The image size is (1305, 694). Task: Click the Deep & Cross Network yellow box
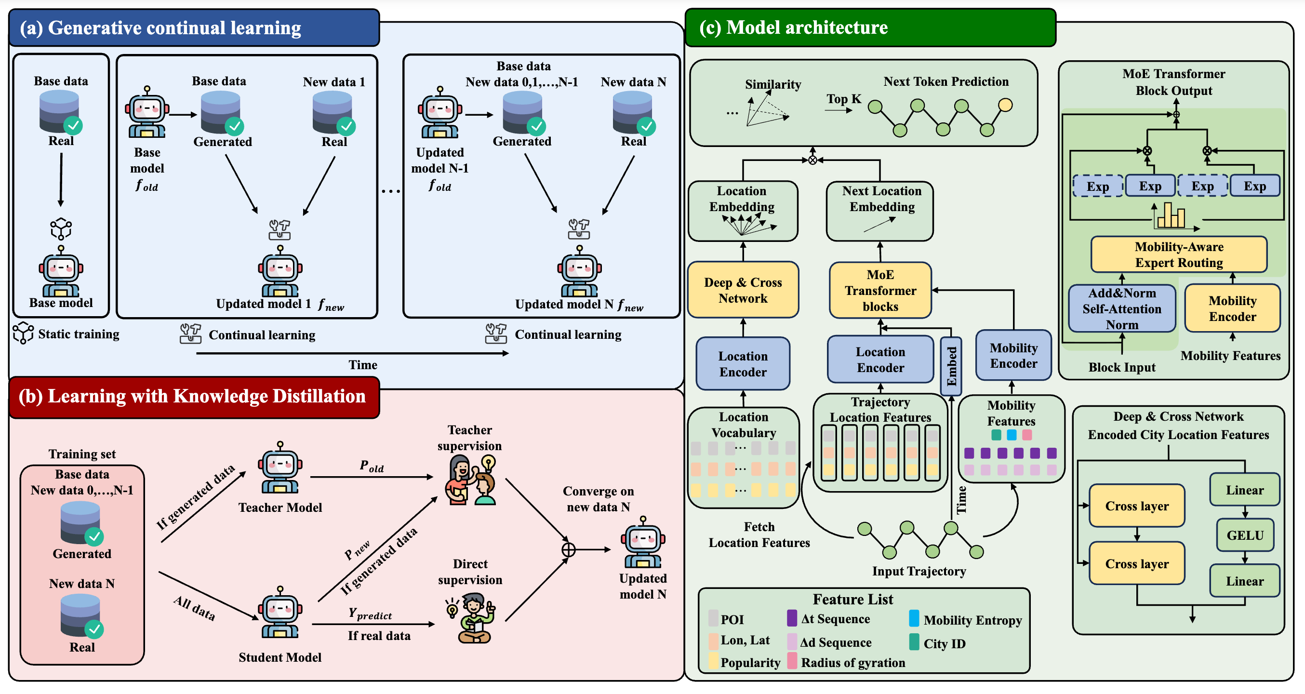coord(743,290)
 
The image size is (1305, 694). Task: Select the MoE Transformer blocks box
coord(880,290)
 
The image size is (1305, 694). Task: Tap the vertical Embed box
coord(951,366)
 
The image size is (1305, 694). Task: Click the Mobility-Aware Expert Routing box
coord(1178,254)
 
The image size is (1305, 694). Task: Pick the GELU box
coord(1245,535)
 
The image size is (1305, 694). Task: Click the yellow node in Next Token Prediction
coord(1005,105)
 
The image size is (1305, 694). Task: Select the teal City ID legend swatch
coord(914,642)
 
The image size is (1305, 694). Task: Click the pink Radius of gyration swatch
coord(792,661)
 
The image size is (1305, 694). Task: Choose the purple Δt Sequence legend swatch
coord(792,618)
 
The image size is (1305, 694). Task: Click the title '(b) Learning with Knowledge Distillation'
coord(192,397)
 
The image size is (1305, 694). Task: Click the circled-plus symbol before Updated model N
coord(568,549)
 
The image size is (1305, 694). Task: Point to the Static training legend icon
coord(23,334)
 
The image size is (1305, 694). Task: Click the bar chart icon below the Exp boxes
coord(1171,215)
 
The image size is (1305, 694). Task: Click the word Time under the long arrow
coord(363,365)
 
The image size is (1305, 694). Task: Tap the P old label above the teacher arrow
coord(372,466)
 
